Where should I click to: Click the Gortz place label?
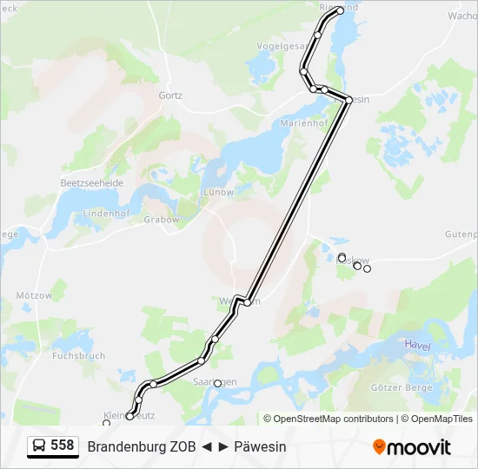(170, 96)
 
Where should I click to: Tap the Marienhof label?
(303, 123)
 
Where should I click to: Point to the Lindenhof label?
(106, 214)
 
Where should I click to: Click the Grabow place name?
(162, 220)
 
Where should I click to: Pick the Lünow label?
(218, 191)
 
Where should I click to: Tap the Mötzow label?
(34, 296)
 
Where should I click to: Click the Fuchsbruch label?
(78, 356)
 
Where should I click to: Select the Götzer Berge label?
(402, 386)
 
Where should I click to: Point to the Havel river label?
(417, 346)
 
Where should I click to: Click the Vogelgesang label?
(283, 46)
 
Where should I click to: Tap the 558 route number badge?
(62, 446)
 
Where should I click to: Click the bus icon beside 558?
(40, 446)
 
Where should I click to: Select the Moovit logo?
(412, 446)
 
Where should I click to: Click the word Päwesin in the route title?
(260, 446)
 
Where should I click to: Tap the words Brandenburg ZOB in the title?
(141, 446)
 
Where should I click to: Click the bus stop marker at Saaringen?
(218, 382)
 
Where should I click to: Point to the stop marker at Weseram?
(248, 302)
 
